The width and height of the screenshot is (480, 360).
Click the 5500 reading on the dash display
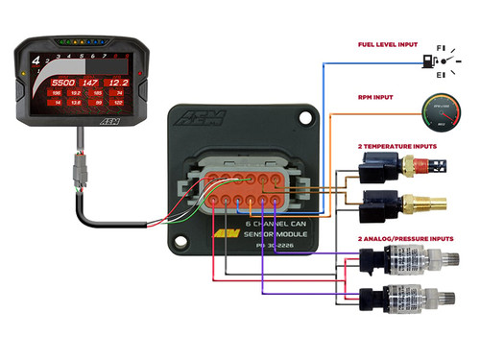pos(64,84)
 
